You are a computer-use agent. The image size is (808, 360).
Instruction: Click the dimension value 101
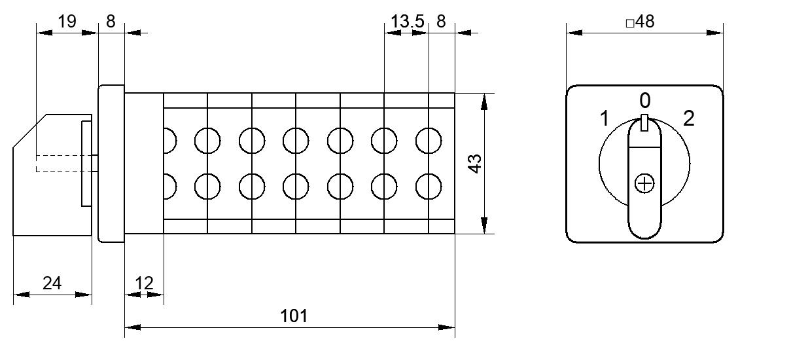[x=294, y=316]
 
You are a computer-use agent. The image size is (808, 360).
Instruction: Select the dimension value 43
[x=475, y=164]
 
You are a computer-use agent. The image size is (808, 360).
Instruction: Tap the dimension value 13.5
[x=407, y=22]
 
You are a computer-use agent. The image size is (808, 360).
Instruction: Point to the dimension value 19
[x=67, y=22]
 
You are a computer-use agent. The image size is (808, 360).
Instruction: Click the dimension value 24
[x=52, y=283]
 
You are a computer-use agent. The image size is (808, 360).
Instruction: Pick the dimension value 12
[x=144, y=283]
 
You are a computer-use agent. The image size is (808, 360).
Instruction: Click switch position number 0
[x=645, y=100]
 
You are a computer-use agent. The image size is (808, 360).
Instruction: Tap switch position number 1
[x=605, y=118]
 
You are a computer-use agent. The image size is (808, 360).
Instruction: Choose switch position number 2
[x=689, y=118]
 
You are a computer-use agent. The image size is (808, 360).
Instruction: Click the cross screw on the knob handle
[x=644, y=184]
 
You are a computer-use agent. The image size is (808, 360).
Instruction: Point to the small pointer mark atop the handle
[x=644, y=122]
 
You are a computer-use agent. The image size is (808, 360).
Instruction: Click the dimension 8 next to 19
[x=111, y=22]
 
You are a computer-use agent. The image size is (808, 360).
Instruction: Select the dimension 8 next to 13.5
[x=441, y=22]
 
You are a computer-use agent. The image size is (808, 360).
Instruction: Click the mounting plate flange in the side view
[x=111, y=164]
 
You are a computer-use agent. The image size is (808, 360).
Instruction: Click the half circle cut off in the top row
[x=176, y=141]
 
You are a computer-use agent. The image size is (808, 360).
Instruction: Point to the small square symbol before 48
[x=630, y=24]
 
